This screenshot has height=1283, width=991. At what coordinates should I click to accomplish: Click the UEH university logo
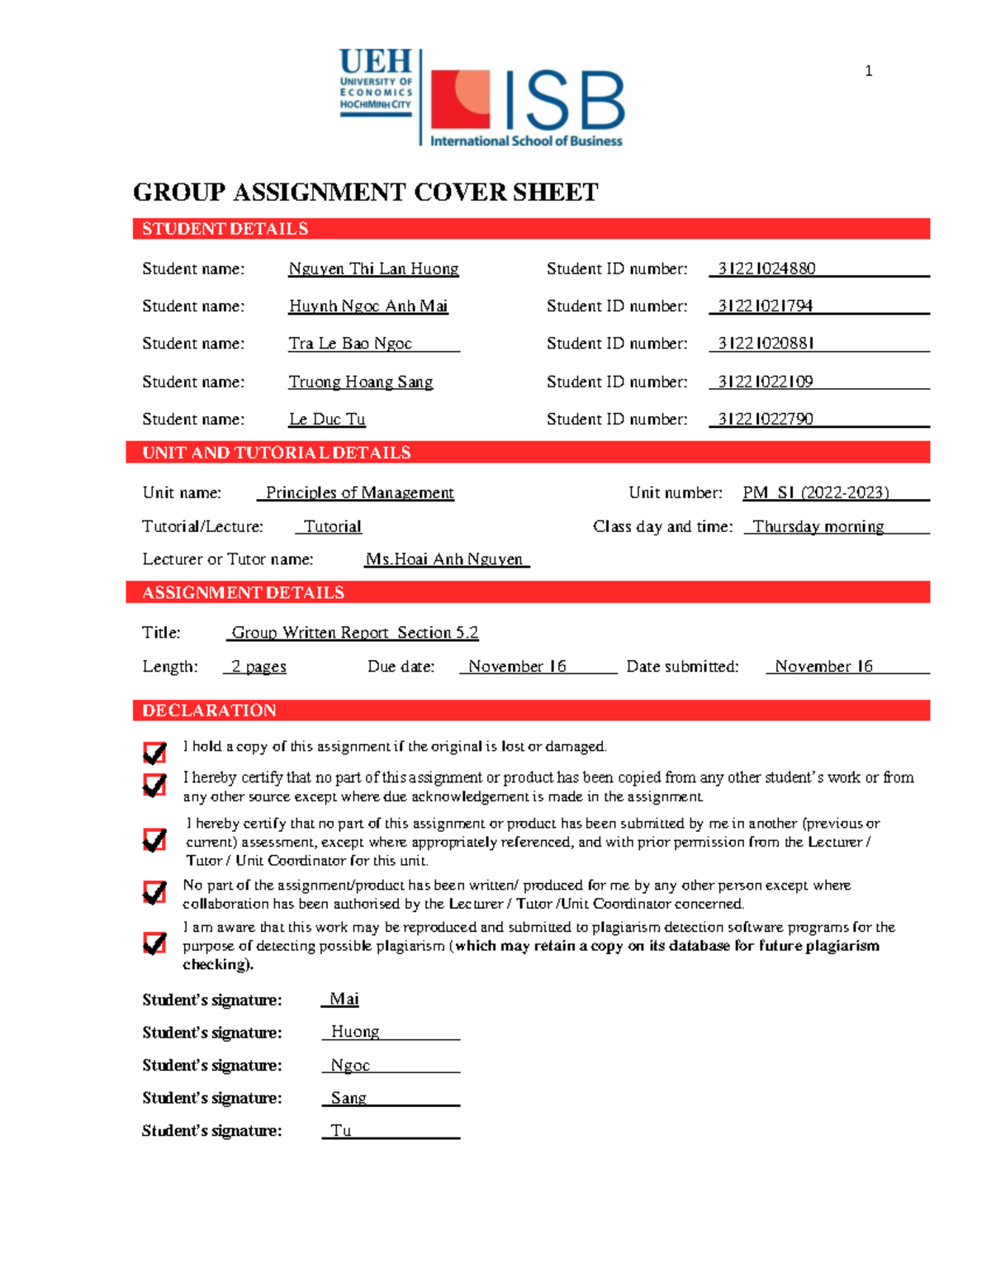[x=376, y=83]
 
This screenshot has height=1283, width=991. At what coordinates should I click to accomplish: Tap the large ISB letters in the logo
[x=563, y=101]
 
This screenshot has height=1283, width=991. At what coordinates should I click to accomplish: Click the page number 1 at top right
[x=868, y=71]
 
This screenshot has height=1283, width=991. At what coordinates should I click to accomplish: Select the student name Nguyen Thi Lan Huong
[x=373, y=268]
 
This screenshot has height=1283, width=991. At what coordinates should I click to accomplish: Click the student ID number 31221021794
[x=765, y=306]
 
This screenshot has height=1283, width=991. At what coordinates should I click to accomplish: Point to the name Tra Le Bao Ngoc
[x=350, y=343]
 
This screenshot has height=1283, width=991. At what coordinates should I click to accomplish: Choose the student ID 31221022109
[x=765, y=381]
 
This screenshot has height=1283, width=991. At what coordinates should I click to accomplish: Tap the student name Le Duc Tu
[x=327, y=419]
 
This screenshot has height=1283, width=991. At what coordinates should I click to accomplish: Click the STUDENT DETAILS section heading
[x=225, y=229]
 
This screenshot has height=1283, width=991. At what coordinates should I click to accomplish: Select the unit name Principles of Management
[x=359, y=492]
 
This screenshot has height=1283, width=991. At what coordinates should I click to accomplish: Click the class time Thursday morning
[x=818, y=526]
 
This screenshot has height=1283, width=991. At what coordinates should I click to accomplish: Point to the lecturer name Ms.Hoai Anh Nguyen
[x=444, y=559]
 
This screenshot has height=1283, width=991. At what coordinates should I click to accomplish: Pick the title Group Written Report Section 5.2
[x=354, y=632]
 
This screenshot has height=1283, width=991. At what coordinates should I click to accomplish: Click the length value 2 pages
[x=258, y=666]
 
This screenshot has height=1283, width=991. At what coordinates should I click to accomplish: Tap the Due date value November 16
[x=517, y=666]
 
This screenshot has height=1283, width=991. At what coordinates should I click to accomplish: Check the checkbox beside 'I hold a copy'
[x=154, y=752]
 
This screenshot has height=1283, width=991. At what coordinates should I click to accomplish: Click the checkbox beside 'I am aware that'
[x=154, y=943]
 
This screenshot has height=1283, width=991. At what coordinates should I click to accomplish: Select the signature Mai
[x=344, y=999]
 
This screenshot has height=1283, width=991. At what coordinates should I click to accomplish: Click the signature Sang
[x=349, y=1097]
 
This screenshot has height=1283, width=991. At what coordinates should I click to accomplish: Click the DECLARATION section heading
[x=209, y=710]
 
